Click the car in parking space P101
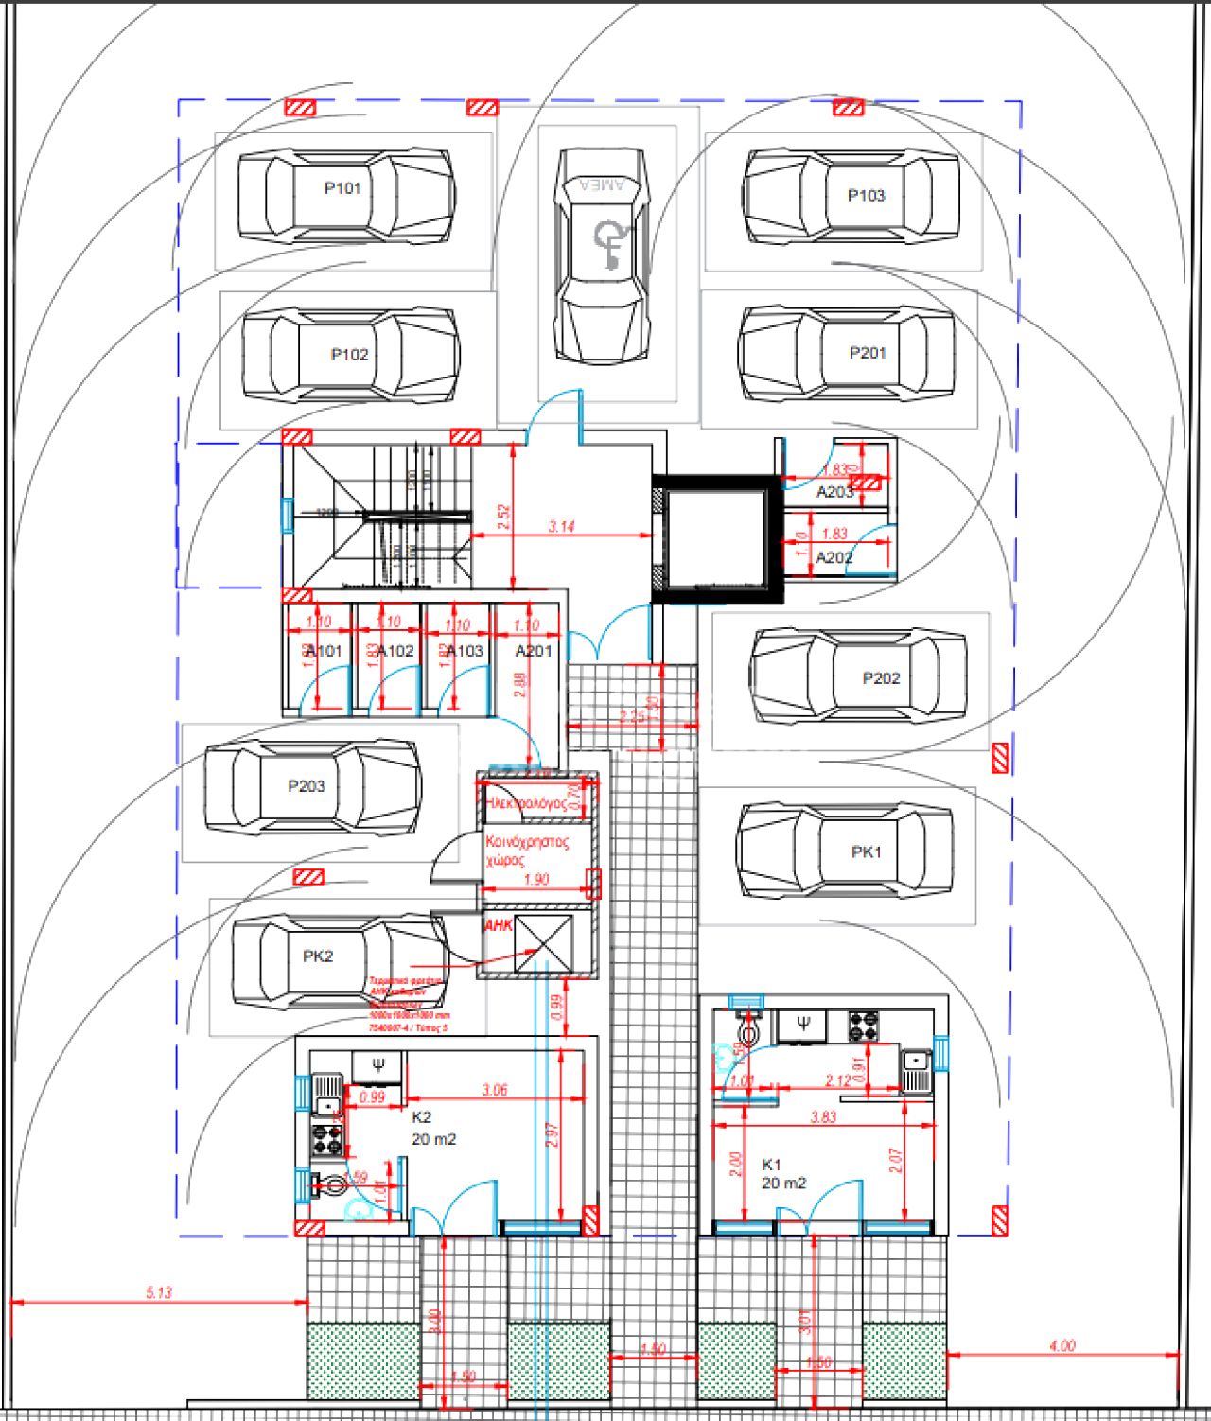pos(345,195)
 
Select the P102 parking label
pos(349,355)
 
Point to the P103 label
pos(866,196)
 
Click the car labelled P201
pos(847,354)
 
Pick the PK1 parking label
pos(866,851)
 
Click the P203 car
pos(313,786)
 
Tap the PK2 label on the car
pos(318,956)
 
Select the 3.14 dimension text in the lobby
pos(561,526)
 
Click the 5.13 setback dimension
pos(159,1292)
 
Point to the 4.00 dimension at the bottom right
pos(1062,1345)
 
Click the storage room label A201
pos(533,651)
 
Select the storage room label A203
pos(834,491)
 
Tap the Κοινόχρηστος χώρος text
pos(526,851)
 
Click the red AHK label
pos(498,925)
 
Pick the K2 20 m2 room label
pos(432,1129)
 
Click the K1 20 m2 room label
pos(783,1174)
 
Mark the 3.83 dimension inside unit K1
pos(823,1117)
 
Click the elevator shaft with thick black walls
pos(717,539)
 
